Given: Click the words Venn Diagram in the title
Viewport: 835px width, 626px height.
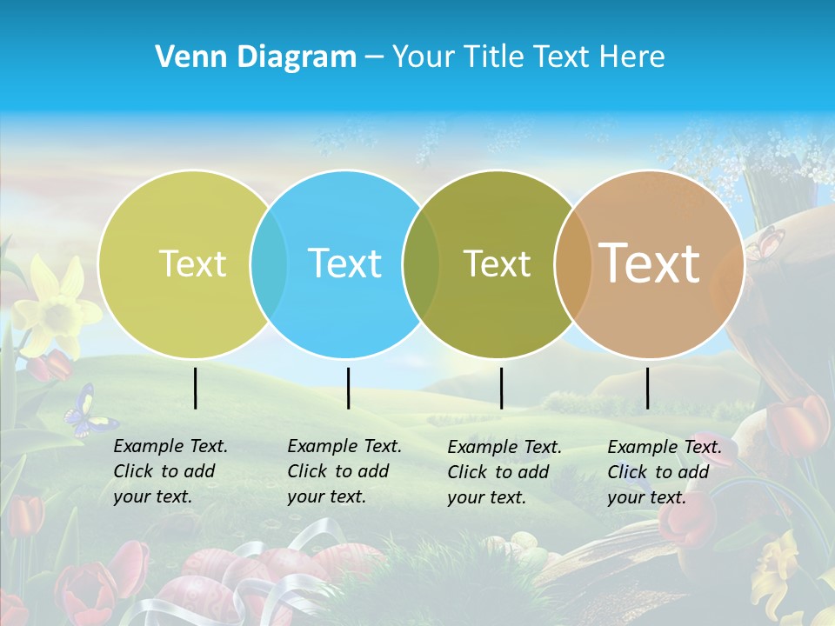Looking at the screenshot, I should point(256,57).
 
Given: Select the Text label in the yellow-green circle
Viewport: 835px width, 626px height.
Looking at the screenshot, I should point(192,263).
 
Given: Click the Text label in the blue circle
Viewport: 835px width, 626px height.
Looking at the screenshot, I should point(344,263).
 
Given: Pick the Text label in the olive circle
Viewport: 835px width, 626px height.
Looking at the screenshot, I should point(497,263).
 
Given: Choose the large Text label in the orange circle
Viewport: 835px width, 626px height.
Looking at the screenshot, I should point(650,263).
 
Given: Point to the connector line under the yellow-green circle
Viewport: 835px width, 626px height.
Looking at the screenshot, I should point(195,388).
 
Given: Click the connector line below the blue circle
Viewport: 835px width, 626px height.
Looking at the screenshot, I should point(348,388).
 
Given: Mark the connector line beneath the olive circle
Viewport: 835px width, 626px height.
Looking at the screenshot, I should point(501,388).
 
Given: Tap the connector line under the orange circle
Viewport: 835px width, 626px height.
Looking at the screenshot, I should point(648,388).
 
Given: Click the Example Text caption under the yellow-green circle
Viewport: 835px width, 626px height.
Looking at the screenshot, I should point(170,471).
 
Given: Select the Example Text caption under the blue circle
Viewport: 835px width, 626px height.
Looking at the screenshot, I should point(344,471).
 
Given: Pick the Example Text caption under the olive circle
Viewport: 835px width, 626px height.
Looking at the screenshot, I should point(504,472).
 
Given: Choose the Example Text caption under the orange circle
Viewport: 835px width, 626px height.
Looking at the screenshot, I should point(665,472).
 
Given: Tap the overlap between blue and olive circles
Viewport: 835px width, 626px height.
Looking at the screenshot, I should point(421,263).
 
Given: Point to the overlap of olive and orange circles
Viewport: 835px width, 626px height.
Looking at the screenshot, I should point(572,263).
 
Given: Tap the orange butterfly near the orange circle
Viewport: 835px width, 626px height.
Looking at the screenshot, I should point(765,244).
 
